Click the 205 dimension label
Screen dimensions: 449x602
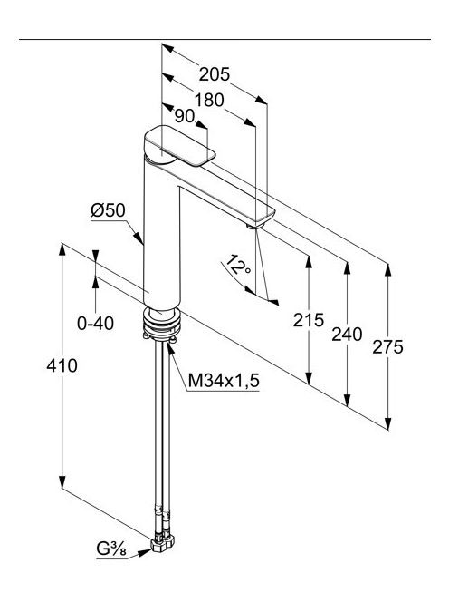[x=215, y=74]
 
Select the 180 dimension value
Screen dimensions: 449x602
[x=209, y=101]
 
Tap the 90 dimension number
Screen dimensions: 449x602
[x=185, y=116]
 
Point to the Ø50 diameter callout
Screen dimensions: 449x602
[x=108, y=210]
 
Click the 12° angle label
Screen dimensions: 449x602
[x=238, y=266]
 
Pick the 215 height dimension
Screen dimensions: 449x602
[x=309, y=320]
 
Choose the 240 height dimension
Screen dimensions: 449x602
[x=347, y=334]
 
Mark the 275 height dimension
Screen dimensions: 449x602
[x=388, y=347]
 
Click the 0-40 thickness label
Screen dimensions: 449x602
[x=95, y=324]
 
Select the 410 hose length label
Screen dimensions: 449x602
[x=62, y=365]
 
